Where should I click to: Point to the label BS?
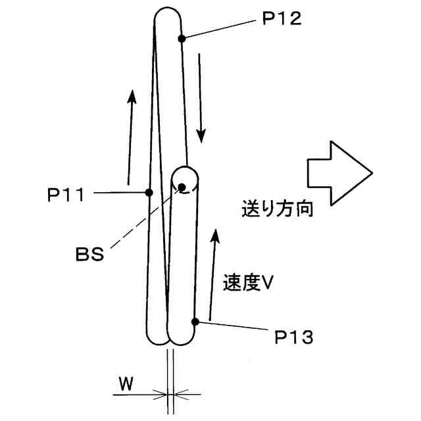click(89, 254)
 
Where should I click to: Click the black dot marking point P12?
click(182, 39)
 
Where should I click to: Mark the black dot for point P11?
click(149, 193)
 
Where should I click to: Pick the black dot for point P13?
click(195, 322)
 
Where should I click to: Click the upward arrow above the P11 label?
click(131, 136)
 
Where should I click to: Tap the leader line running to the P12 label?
click(217, 30)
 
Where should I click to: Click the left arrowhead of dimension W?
click(161, 395)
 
